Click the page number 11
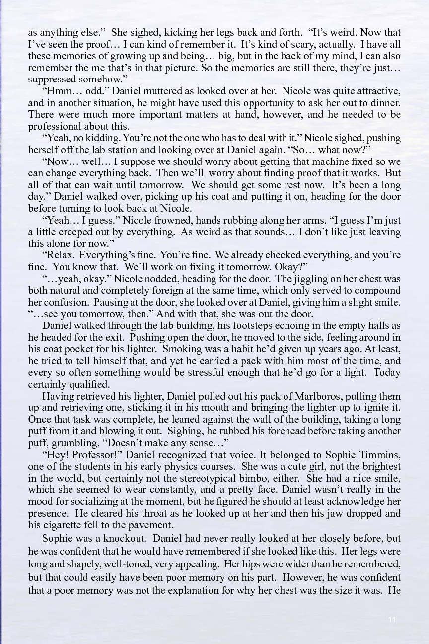coord(392,619)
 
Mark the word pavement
coord(147,525)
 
